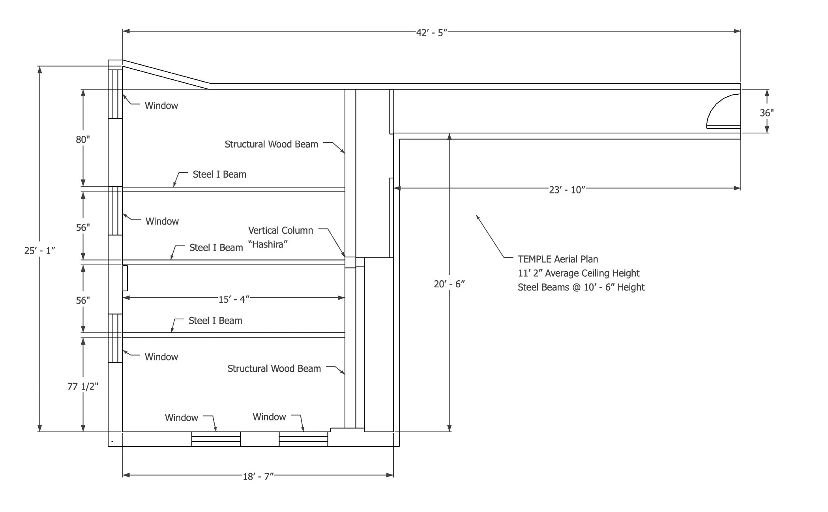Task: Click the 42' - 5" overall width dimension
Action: [431, 32]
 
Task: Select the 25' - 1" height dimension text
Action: [39, 251]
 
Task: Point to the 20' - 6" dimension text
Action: [449, 284]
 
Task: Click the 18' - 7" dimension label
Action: [258, 476]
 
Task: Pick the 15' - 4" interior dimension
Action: [234, 299]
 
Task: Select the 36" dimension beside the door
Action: [766, 113]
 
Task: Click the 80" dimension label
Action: [83, 139]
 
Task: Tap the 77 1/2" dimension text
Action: [83, 386]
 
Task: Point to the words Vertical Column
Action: [281, 230]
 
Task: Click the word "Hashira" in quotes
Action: [268, 244]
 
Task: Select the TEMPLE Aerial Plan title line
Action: [558, 259]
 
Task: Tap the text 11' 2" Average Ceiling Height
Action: [579, 273]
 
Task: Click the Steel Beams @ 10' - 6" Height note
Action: [581, 287]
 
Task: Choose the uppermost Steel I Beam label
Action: [219, 174]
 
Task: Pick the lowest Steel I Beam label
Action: [215, 321]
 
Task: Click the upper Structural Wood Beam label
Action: [271, 144]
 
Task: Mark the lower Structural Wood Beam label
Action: [274, 368]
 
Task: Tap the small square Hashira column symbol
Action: [350, 262]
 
